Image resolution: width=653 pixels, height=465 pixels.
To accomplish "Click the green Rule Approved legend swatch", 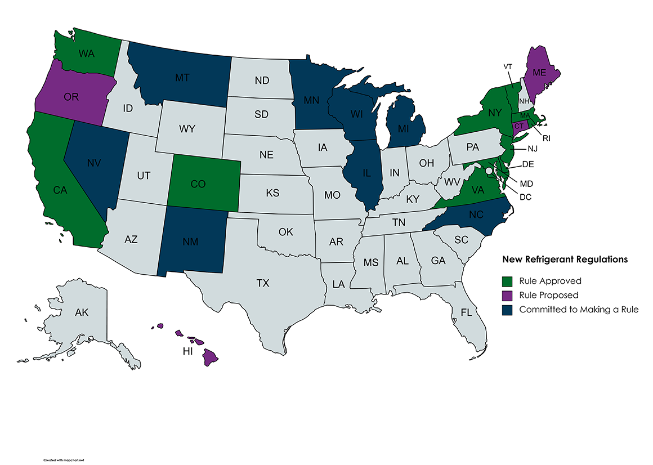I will (508, 280).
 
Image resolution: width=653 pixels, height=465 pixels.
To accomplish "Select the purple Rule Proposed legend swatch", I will (508, 295).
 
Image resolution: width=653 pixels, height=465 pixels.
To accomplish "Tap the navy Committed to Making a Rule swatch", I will (508, 310).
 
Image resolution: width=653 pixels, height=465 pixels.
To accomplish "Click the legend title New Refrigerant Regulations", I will (565, 260).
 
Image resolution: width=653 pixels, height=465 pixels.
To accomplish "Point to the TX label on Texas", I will (263, 283).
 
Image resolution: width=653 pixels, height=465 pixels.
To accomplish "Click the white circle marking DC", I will (489, 171).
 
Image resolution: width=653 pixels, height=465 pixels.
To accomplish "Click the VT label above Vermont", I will (508, 66).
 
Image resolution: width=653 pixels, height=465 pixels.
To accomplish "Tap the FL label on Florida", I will (467, 312).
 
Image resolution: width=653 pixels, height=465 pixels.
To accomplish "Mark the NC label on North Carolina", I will (476, 214).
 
